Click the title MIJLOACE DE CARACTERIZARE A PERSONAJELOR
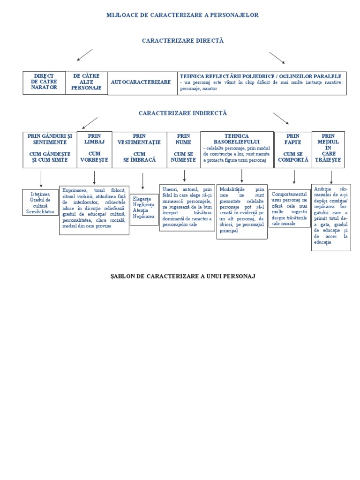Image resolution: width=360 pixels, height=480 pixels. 182,15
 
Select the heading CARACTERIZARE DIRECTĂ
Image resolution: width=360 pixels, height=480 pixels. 183,41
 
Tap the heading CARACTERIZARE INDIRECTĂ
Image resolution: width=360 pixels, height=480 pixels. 182,113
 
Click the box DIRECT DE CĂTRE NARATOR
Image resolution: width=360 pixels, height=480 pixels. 44,82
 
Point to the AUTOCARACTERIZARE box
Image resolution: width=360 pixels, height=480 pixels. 141,82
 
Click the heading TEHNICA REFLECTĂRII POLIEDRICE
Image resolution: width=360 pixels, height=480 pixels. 261,76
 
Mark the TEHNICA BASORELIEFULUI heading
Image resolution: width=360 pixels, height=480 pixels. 237,139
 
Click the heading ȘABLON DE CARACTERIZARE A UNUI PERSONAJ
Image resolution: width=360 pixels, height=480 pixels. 183,276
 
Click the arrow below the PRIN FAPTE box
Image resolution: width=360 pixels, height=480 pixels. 294,177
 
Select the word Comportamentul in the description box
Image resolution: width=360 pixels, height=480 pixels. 289,194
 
